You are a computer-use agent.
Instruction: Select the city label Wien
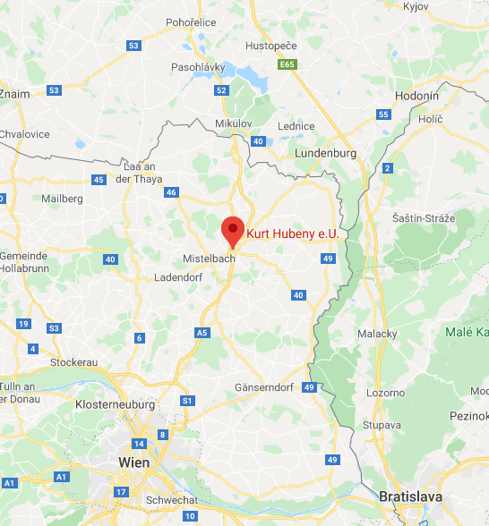(134, 462)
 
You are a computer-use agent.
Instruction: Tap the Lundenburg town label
(326, 153)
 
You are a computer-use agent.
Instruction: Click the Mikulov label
(235, 123)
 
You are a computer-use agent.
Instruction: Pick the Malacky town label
(378, 333)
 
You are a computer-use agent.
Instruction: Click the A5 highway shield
(202, 332)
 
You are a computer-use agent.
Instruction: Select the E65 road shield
(287, 65)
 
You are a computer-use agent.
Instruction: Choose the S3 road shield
(55, 328)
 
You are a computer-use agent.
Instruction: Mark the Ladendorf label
(177, 277)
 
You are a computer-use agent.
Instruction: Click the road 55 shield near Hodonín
(383, 115)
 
